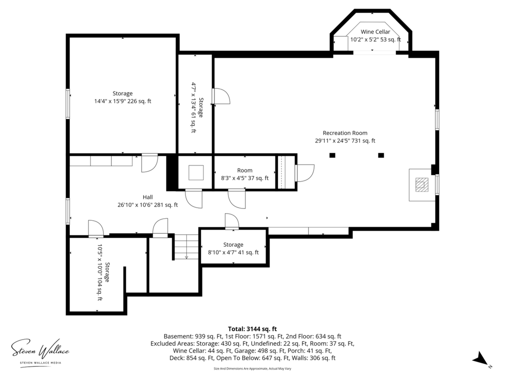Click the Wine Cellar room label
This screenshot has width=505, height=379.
click(x=375, y=32)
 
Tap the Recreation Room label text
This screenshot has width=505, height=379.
click(x=345, y=133)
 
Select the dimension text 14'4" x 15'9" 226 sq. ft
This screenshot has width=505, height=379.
click(x=123, y=101)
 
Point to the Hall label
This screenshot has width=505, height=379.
click(x=148, y=197)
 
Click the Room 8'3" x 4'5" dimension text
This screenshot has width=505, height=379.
click(x=245, y=178)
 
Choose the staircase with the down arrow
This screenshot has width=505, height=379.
click(x=186, y=247)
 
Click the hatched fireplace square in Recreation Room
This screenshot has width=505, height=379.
click(x=422, y=185)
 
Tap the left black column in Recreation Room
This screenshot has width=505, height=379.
click(x=332, y=155)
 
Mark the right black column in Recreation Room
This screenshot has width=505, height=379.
click(x=381, y=155)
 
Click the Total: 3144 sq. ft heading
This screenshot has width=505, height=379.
click(x=252, y=329)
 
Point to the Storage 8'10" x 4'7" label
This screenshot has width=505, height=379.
click(x=233, y=249)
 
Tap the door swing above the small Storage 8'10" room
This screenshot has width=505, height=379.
click(x=232, y=221)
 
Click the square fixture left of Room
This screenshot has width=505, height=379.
click(x=196, y=173)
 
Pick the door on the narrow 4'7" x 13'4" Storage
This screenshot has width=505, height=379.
click(x=221, y=96)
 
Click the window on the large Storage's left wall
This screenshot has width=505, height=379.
click(x=67, y=104)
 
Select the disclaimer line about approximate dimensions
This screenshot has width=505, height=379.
click(x=252, y=369)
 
